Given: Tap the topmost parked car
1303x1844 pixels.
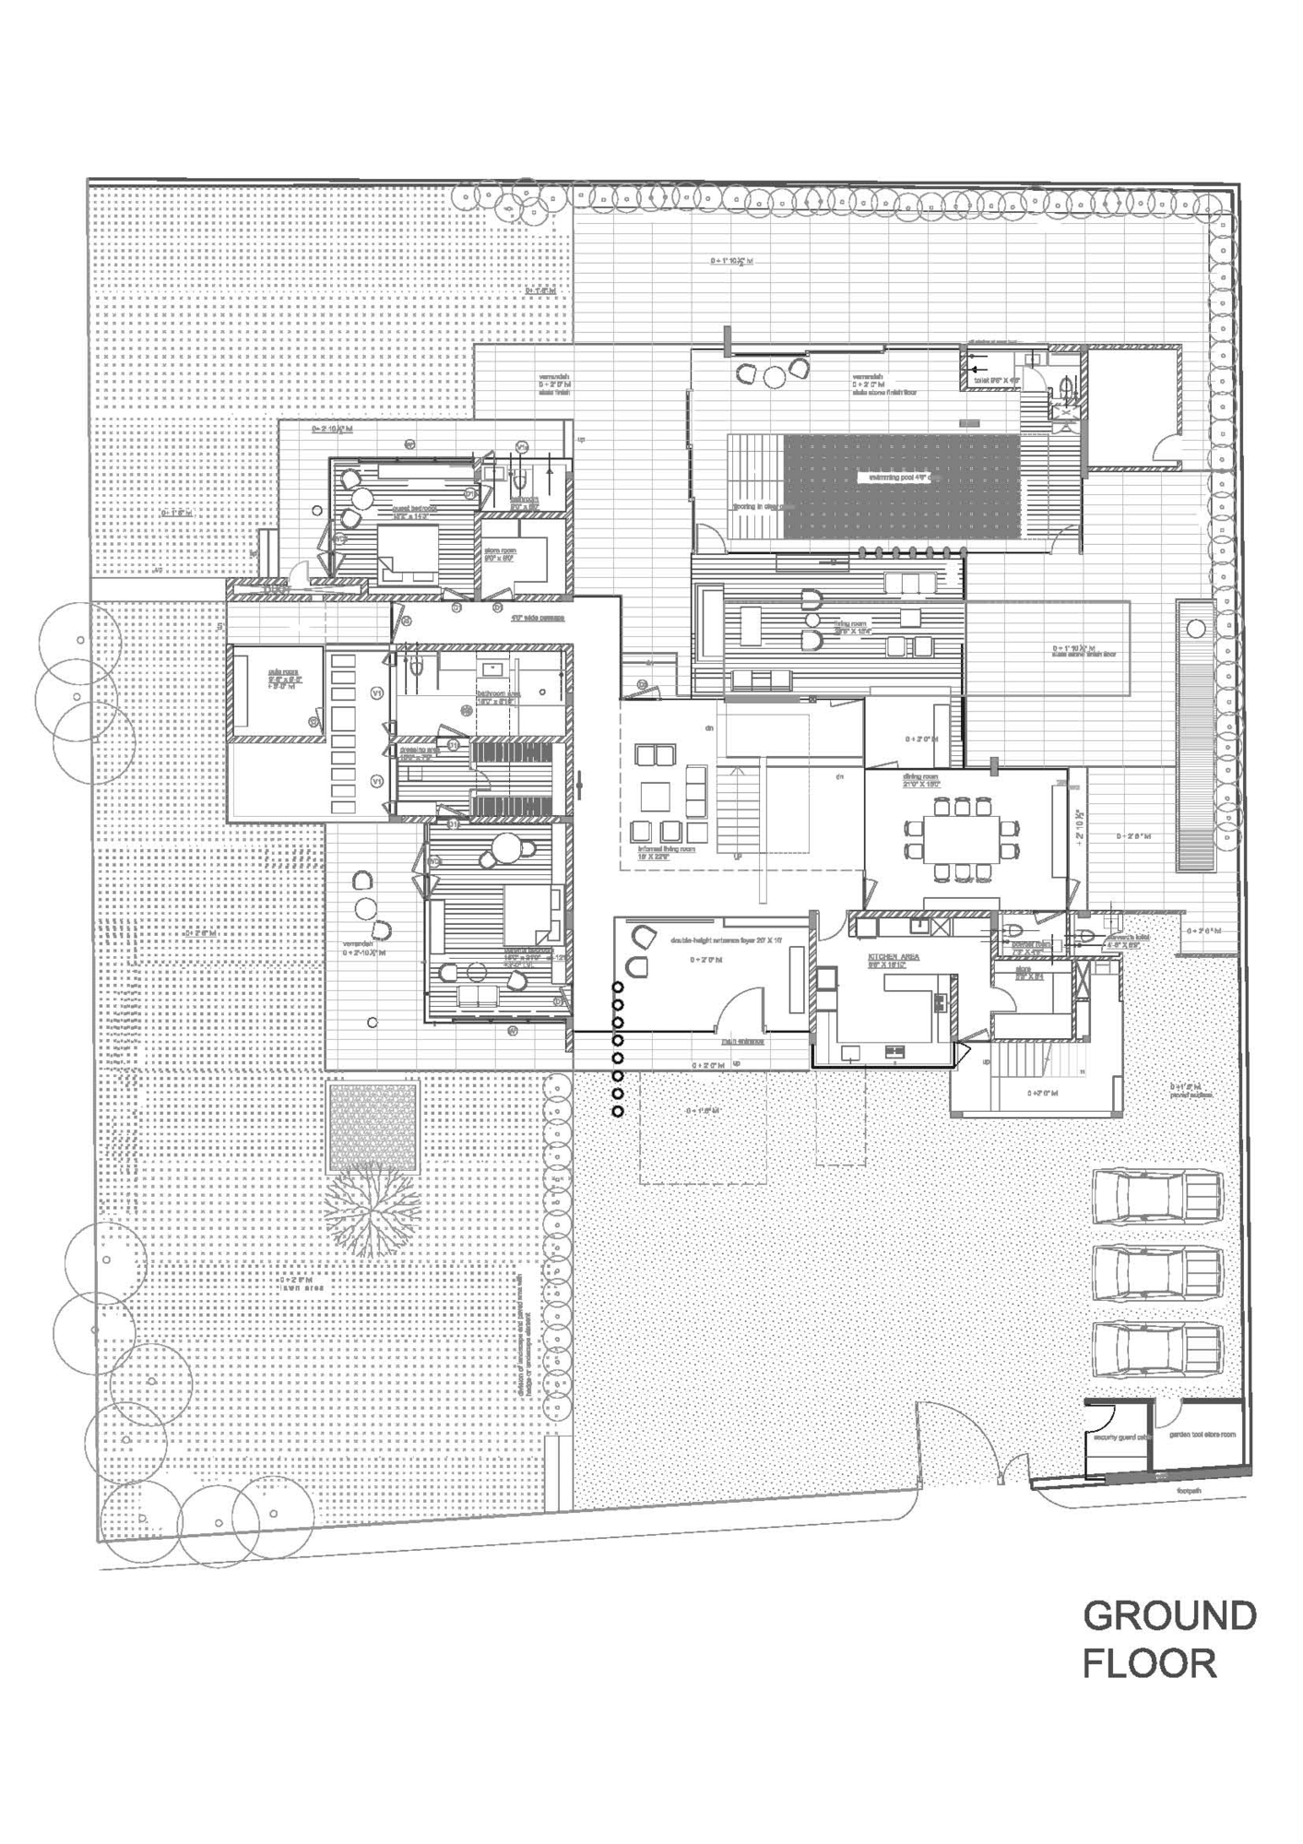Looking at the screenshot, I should [1158, 1197].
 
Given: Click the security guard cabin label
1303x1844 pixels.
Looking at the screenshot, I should [1119, 1436].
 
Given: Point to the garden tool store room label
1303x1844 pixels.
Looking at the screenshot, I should [1202, 1435].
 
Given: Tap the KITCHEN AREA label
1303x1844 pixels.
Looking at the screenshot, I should [892, 957].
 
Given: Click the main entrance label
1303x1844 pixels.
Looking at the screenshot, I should [742, 1042].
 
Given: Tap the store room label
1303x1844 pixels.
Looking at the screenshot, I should [500, 555].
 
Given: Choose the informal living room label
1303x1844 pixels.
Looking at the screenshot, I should [665, 849].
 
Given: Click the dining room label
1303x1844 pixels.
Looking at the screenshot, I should [920, 780].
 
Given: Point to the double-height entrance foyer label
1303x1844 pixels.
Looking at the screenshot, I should [726, 940].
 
